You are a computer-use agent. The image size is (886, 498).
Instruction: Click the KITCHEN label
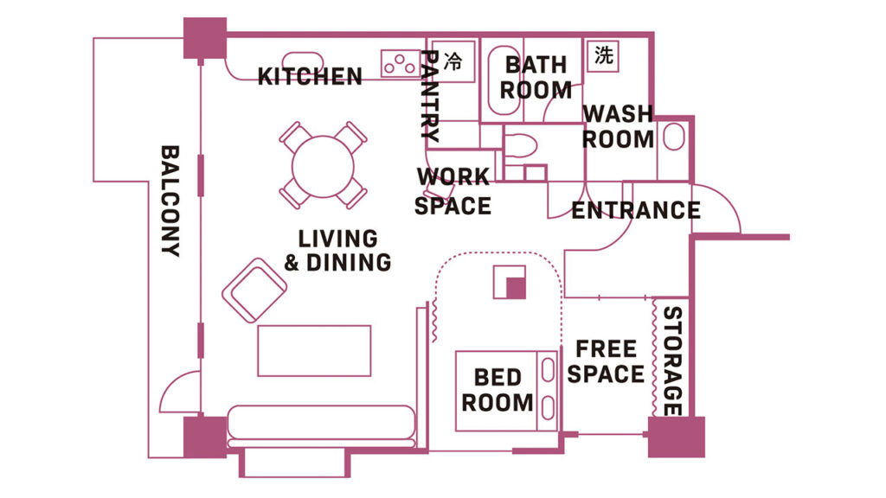click(310, 77)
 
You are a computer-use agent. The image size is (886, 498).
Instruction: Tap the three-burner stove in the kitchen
click(400, 63)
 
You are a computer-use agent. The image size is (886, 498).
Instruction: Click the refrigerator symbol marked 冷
click(452, 61)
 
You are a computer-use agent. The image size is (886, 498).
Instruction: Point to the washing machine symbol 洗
click(603, 56)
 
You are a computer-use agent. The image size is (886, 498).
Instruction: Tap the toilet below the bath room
click(520, 145)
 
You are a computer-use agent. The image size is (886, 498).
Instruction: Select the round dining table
click(323, 166)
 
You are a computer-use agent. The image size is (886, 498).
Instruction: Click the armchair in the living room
click(254, 290)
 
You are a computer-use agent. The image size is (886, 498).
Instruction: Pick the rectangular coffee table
click(314, 351)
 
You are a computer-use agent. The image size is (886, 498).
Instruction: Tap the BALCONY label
click(170, 201)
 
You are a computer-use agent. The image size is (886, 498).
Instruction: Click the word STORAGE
click(671, 361)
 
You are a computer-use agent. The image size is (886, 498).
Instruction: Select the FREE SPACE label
click(606, 361)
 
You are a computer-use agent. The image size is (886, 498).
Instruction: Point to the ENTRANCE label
click(636, 211)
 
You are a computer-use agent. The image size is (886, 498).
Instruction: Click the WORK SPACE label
click(453, 191)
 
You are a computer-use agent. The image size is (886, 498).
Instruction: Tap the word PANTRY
click(431, 95)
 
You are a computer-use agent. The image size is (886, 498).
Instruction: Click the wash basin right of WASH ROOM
click(673, 137)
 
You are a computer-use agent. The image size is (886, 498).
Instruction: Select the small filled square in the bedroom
click(516, 288)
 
